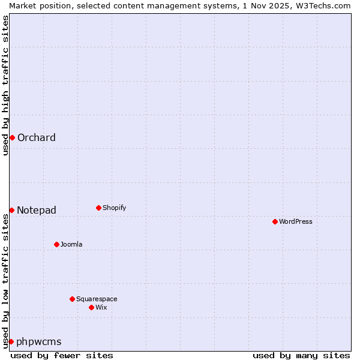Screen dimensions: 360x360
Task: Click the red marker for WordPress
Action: pyautogui.click(x=275, y=221)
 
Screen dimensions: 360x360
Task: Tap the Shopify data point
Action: pyautogui.click(x=98, y=208)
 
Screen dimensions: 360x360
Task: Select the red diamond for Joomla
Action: pyautogui.click(x=56, y=244)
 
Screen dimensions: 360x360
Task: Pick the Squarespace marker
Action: pyautogui.click(x=72, y=299)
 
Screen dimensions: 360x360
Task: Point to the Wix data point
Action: pyautogui.click(x=91, y=307)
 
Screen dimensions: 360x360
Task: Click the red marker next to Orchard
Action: pyautogui.click(x=12, y=137)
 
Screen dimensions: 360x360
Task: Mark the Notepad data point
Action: pyautogui.click(x=11, y=210)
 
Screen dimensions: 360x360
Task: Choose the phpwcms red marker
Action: pyautogui.click(x=11, y=341)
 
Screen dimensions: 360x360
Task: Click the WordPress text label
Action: pyautogui.click(x=296, y=221)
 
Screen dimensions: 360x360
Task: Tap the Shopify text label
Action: pyautogui.click(x=115, y=208)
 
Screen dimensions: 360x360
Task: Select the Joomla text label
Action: pyautogui.click(x=71, y=244)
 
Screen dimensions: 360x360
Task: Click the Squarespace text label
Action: pyautogui.click(x=97, y=299)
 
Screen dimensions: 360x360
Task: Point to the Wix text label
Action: pyautogui.click(x=101, y=307)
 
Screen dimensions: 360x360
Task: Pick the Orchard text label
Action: pyautogui.click(x=37, y=137)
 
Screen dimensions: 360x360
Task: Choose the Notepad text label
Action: pyautogui.click(x=37, y=210)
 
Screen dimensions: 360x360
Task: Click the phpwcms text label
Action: pyautogui.click(x=39, y=341)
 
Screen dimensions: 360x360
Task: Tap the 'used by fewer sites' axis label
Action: pyautogui.click(x=62, y=355)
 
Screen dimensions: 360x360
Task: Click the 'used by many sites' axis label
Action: pyautogui.click(x=301, y=355)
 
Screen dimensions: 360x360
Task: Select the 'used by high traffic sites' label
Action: pyautogui.click(x=5, y=85)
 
